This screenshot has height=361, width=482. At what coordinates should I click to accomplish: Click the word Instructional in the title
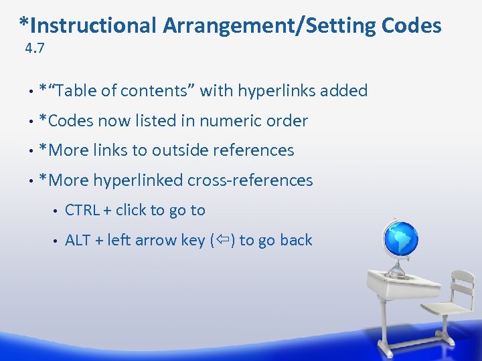pos(93,25)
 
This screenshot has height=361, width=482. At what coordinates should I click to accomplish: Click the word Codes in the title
pos(411,25)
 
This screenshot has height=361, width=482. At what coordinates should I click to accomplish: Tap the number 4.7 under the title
pos(34,48)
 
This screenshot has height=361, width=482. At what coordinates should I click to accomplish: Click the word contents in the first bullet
pos(158,91)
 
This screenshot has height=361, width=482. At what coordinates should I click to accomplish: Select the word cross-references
pos(250,180)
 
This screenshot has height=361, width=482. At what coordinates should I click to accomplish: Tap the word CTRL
pos(82,210)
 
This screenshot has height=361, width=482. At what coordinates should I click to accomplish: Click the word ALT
pos(78,240)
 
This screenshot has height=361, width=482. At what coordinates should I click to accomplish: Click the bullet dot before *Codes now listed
pos(31,122)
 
